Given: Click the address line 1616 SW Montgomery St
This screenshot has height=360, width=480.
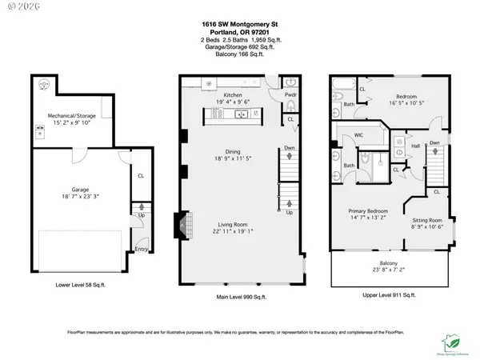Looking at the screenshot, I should pyautogui.click(x=239, y=25).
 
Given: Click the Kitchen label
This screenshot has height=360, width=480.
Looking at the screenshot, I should pyautogui.click(x=222, y=95).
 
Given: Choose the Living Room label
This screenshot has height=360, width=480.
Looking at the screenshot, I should pyautogui.click(x=232, y=226).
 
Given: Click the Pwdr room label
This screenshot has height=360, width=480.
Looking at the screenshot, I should pyautogui.click(x=290, y=93).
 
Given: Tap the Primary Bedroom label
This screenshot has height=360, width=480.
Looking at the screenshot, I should pyautogui.click(x=367, y=212).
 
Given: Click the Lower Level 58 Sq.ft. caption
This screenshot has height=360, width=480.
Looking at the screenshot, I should pyautogui.click(x=75, y=283).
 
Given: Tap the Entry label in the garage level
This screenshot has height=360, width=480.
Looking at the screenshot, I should pyautogui.click(x=140, y=249).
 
